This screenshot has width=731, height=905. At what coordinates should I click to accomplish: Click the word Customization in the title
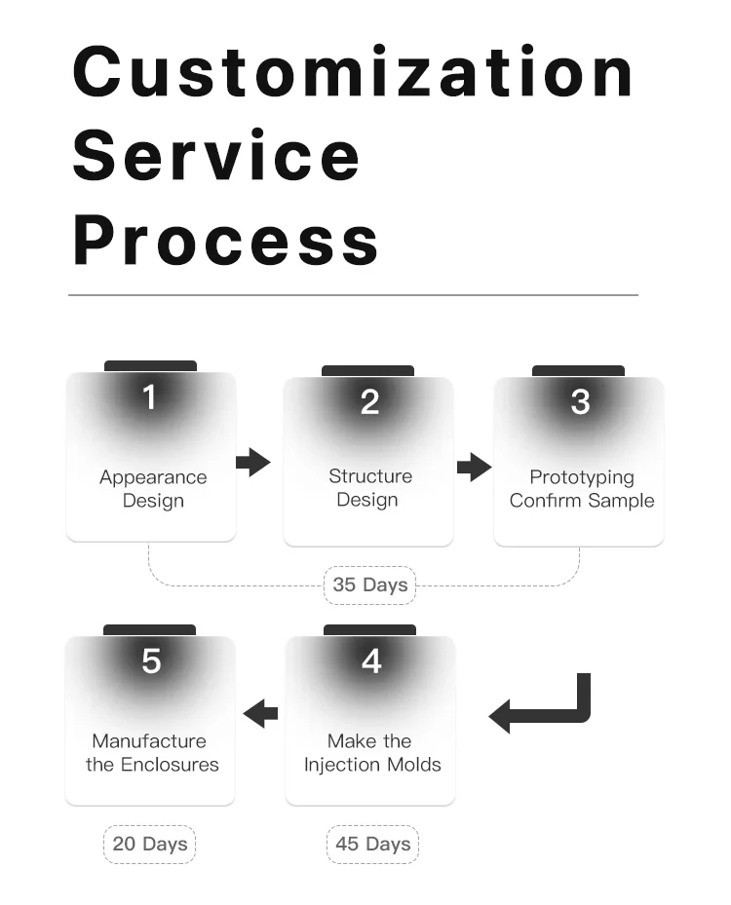(354, 72)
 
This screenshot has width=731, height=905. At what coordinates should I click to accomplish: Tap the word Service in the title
(216, 156)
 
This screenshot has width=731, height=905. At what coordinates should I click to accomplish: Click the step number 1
(149, 397)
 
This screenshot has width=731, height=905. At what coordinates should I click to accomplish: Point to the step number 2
(369, 402)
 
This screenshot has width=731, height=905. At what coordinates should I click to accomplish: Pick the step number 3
(580, 402)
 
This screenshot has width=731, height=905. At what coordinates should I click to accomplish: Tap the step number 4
(371, 661)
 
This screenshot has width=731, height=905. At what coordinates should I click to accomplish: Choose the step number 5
(151, 661)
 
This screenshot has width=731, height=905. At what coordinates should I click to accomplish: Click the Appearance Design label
(153, 489)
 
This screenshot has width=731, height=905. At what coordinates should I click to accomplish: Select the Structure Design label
(369, 488)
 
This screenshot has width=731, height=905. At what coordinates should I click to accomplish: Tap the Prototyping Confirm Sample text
(582, 489)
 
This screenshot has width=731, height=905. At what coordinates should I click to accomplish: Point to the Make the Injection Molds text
(371, 753)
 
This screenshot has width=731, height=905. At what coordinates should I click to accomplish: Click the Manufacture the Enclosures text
(151, 753)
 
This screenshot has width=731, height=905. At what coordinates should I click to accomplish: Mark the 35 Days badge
(370, 585)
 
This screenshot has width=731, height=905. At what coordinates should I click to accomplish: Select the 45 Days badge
(372, 844)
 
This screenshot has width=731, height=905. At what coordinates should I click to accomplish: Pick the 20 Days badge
(150, 844)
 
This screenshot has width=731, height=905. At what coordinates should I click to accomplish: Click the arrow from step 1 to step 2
(252, 462)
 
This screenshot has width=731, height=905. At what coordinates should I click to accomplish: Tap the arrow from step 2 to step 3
(474, 467)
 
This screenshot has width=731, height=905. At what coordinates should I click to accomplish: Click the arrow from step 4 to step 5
(260, 714)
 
